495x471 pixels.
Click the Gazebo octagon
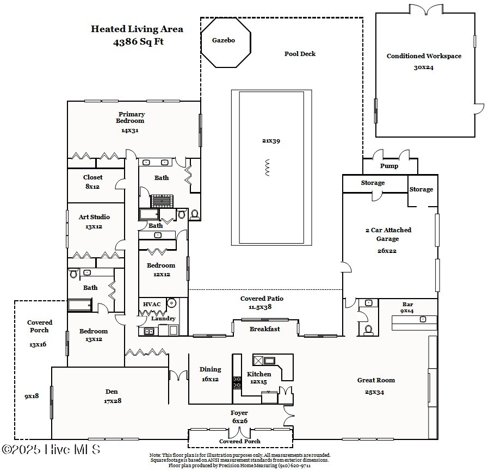(x=226, y=42)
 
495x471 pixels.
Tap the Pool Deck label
(x=300, y=54)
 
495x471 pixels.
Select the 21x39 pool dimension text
(x=270, y=141)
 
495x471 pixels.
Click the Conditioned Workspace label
(x=424, y=56)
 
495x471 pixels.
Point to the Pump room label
(x=389, y=166)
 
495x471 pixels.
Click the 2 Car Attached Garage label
(x=388, y=234)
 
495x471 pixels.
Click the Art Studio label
(x=94, y=217)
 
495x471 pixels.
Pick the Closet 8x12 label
(x=92, y=177)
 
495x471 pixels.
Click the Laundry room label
(x=163, y=319)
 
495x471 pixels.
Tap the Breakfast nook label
(x=265, y=329)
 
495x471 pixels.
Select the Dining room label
(x=210, y=370)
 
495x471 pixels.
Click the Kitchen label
(x=259, y=374)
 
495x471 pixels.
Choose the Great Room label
(x=376, y=380)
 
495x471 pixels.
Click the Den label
(x=111, y=392)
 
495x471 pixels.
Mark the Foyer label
(x=239, y=413)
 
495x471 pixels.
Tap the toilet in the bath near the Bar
(x=368, y=329)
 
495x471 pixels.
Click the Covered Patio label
(x=262, y=299)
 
